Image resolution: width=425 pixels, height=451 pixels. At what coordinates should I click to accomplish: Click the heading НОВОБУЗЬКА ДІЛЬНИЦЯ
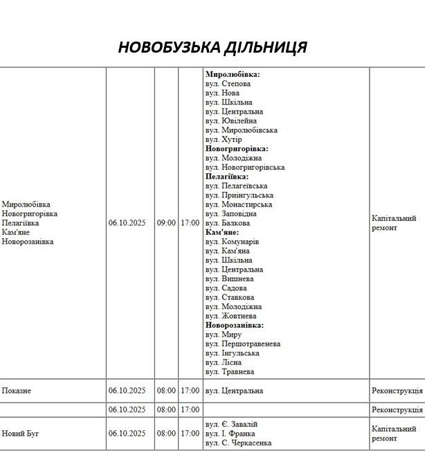212,48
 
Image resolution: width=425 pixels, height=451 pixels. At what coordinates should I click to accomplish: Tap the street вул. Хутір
224,139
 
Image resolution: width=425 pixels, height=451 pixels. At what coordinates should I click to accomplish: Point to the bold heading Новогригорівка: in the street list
237,148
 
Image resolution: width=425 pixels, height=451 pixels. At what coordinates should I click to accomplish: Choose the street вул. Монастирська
239,204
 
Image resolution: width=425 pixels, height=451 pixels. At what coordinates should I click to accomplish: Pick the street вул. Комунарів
233,242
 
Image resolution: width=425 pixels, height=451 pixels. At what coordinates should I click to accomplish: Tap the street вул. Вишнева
229,278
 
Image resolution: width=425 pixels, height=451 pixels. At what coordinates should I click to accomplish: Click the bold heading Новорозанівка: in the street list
235,325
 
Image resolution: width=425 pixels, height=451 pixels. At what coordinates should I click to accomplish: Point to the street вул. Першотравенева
243,344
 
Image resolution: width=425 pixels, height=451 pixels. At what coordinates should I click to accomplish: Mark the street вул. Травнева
230,372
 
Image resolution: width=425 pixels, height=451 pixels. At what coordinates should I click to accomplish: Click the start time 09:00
166,223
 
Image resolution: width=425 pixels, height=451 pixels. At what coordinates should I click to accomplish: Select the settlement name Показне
17,391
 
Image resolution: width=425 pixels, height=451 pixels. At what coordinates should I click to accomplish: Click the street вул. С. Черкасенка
238,443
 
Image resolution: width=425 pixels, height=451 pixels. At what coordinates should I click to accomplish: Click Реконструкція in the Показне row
397,391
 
